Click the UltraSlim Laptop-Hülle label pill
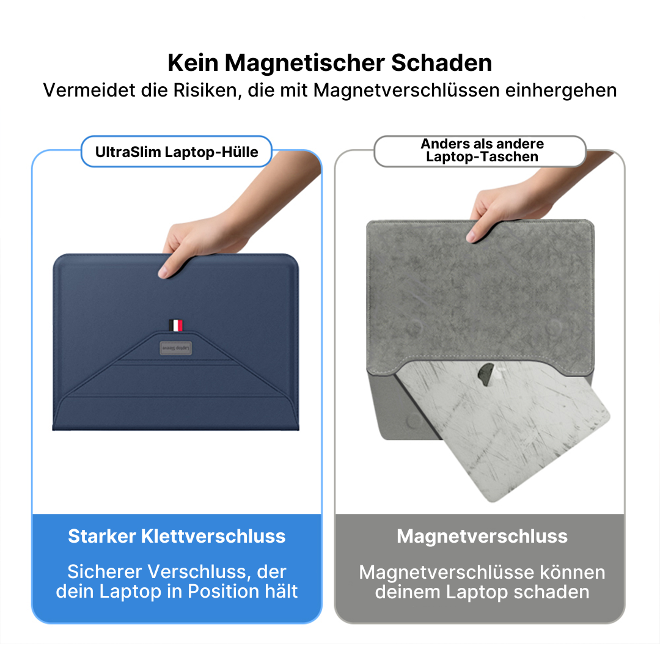tap(176, 152)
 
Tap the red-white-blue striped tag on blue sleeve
tap(176, 325)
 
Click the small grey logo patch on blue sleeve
tap(176, 346)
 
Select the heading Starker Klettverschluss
tap(177, 537)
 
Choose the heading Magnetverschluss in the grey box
tap(482, 537)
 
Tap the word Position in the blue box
tap(223, 592)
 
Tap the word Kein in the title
tap(193, 63)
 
